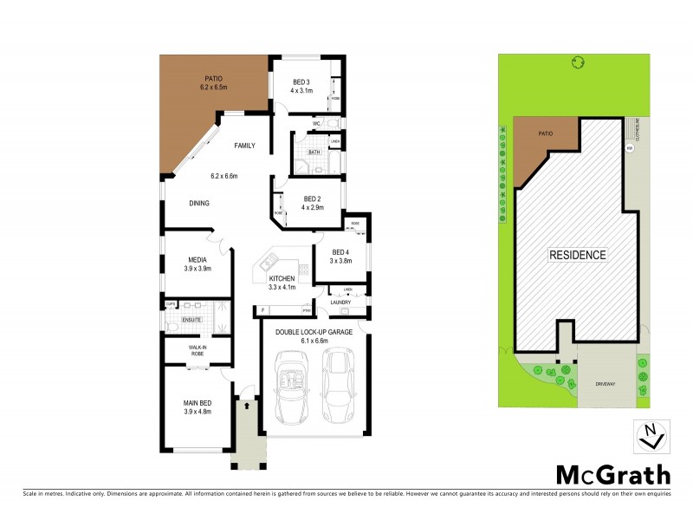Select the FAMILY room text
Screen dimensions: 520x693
(244, 146)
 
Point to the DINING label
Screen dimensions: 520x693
(200, 204)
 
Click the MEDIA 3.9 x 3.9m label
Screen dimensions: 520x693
(198, 263)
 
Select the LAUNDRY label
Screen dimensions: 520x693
(340, 302)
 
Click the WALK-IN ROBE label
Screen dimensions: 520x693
(198, 351)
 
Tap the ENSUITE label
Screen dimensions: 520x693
(191, 320)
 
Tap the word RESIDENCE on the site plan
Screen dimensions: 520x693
(578, 255)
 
